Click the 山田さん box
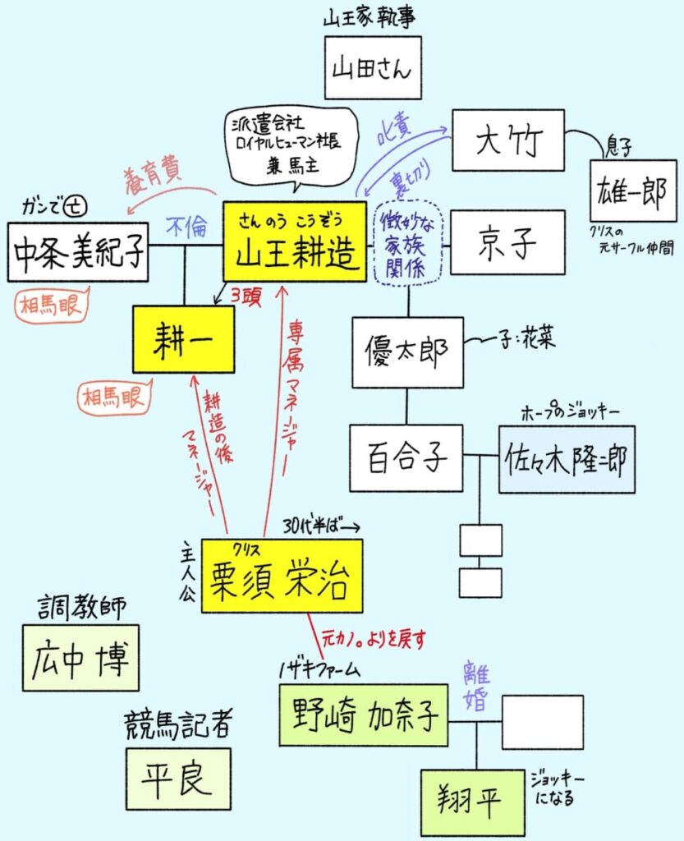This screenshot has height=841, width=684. (x=372, y=67)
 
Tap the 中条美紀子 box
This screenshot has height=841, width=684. (x=77, y=251)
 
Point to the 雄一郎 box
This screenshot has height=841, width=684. (x=633, y=191)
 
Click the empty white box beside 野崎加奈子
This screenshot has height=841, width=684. (x=543, y=722)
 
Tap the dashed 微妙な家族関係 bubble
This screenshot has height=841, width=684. (x=407, y=243)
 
